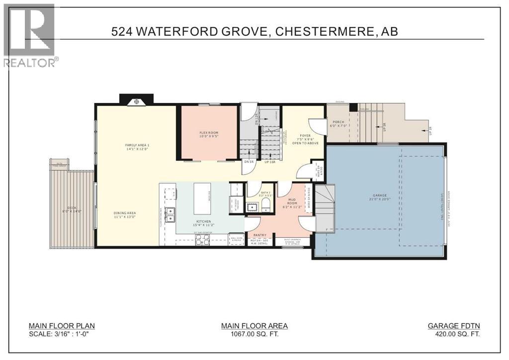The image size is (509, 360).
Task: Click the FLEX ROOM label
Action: (x=209, y=133)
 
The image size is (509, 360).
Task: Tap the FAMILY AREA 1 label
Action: (x=137, y=145)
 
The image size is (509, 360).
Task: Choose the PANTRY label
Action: (x=259, y=235)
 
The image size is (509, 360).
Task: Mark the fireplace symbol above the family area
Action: (x=136, y=102)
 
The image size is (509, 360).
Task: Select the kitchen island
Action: (x=202, y=191)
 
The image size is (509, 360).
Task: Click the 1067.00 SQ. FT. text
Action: (x=254, y=335)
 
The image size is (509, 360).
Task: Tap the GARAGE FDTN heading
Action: (x=454, y=326)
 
